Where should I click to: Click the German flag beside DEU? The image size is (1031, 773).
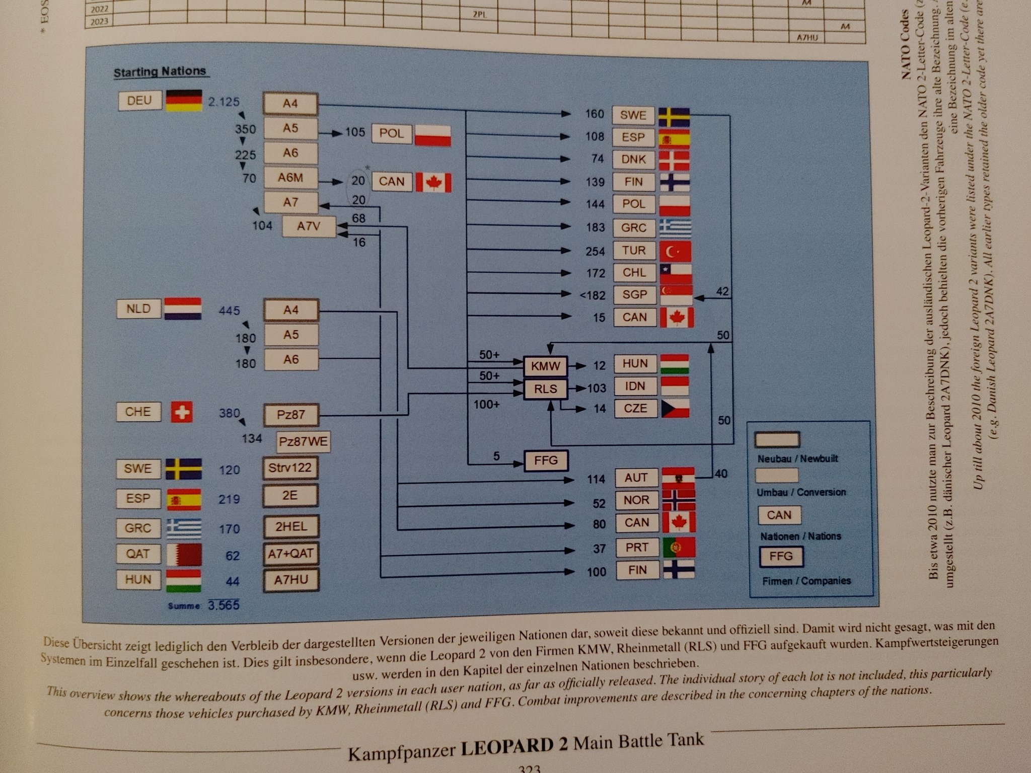coord(184,101)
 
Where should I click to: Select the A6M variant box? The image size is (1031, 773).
coord(290,178)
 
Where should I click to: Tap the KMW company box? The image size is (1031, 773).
coord(545,366)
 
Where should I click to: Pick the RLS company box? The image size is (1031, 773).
coord(545,389)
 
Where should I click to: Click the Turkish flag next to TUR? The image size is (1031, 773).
coord(675,251)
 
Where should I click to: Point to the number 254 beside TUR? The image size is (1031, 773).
coord(595,251)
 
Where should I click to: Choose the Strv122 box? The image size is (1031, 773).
coord(290,468)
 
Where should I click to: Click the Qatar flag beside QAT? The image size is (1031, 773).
coord(184,554)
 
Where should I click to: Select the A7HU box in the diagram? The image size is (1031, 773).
coord(291,580)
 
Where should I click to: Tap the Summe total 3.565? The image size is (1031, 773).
coord(224,604)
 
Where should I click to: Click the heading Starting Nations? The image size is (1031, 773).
coord(160,72)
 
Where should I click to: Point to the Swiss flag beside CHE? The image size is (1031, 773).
coord(182,412)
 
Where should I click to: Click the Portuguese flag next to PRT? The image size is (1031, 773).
coord(679,548)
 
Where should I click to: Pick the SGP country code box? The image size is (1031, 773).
coord(634,294)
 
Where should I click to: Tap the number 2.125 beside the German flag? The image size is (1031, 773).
coord(224,102)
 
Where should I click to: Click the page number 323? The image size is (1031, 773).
coord(529,768)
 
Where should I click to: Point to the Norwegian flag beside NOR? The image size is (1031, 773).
coord(678,500)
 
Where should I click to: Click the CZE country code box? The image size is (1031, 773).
coord(635,408)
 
